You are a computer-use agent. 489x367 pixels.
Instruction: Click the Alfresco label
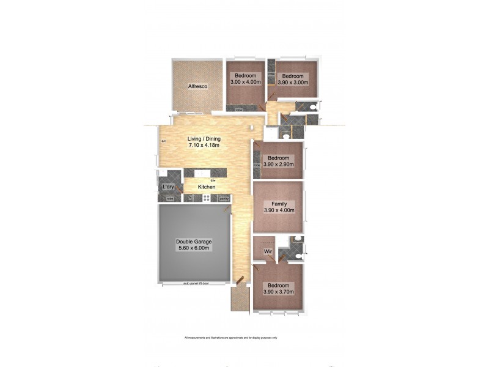(x=198, y=87)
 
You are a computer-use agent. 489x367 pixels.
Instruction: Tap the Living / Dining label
(x=204, y=139)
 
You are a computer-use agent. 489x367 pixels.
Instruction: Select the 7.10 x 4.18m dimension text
(x=204, y=146)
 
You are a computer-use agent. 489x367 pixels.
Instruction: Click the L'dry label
(x=167, y=187)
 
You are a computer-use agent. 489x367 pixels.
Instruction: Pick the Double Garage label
(x=193, y=242)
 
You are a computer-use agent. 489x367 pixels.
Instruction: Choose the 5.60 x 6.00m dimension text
(x=193, y=248)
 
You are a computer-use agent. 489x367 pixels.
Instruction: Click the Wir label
(x=267, y=251)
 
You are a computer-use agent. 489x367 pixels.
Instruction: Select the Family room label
(x=278, y=204)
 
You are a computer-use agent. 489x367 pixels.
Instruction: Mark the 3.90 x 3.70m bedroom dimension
(x=278, y=292)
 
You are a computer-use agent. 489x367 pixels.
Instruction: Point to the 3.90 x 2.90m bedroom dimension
(x=278, y=165)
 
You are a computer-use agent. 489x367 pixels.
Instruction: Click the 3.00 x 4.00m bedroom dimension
(x=246, y=82)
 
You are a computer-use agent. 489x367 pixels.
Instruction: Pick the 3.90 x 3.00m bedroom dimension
(x=293, y=82)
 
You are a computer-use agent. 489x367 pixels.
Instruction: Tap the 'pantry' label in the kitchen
(x=224, y=198)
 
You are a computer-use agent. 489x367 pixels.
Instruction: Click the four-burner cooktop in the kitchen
(x=207, y=198)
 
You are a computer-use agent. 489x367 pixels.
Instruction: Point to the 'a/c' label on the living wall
(x=163, y=142)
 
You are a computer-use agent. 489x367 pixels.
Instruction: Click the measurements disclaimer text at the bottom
(x=231, y=338)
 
